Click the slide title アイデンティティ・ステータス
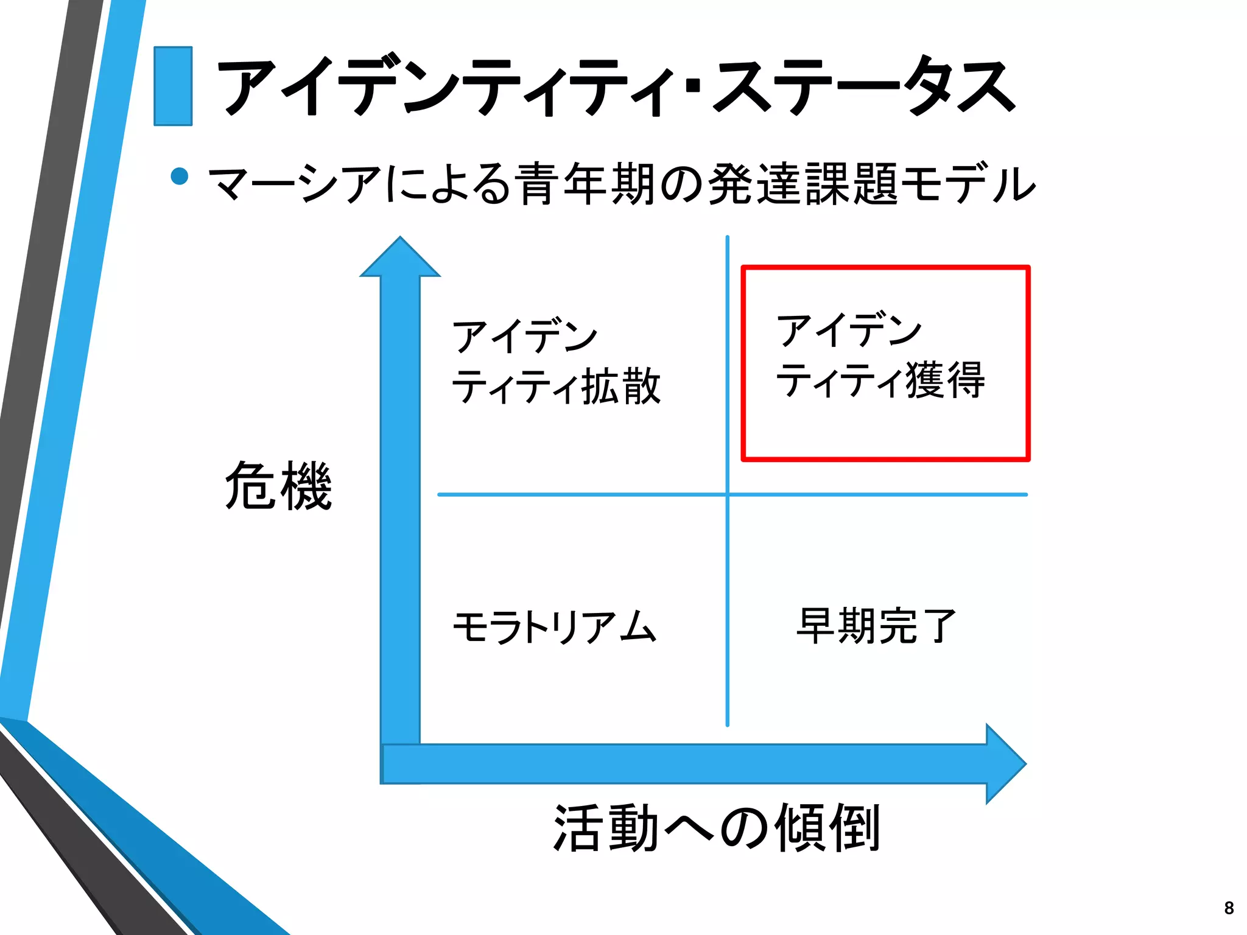pos(615,86)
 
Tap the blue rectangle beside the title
pos(173,86)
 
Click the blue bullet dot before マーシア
pos(180,176)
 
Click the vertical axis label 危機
pos(278,485)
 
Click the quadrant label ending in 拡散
pos(555,362)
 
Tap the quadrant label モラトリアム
pos(554,627)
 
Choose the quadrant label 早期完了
pos(877,626)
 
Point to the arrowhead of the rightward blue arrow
pos(1005,763)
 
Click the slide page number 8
pos(1229,908)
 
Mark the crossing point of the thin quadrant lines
pos(727,495)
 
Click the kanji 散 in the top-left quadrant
pos(642,387)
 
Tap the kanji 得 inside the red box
pos(965,380)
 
